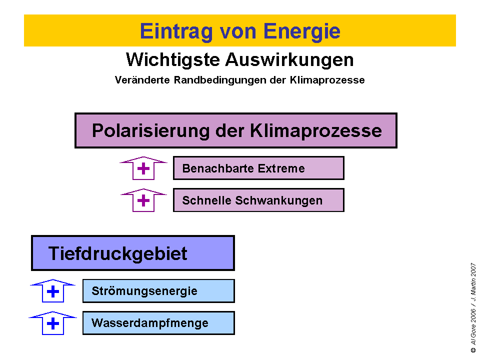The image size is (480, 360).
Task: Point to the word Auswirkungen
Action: [x=289, y=59]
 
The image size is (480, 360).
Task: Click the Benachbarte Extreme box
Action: [x=258, y=168]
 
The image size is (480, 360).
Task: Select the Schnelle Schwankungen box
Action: [x=258, y=200]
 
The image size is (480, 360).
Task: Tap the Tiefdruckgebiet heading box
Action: [x=133, y=253]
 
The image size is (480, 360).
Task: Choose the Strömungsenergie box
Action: [x=158, y=291]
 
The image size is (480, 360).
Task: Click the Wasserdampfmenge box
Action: [x=158, y=323]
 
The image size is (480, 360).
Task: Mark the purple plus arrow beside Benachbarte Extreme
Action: [x=143, y=168]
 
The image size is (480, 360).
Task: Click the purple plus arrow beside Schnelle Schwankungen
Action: [x=143, y=200]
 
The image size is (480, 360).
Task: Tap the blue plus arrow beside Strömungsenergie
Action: [x=52, y=291]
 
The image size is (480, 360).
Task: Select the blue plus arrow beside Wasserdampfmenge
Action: [x=52, y=323]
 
